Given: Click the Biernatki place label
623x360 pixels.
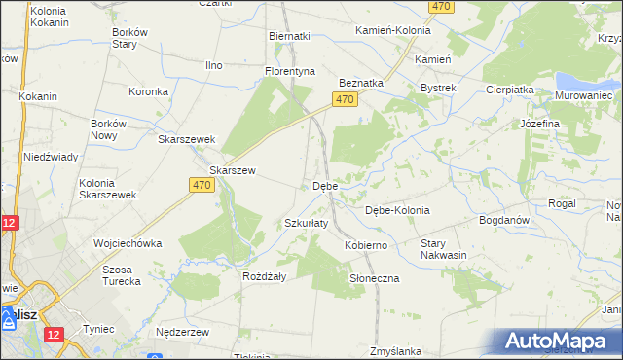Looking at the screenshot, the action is click(x=289, y=36).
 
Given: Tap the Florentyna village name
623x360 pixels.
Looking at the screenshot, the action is click(x=291, y=71).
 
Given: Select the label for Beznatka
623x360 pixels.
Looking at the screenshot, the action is click(x=360, y=83).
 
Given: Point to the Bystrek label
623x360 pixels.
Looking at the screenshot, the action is click(x=438, y=88).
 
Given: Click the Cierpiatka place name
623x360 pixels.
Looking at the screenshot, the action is click(x=510, y=89).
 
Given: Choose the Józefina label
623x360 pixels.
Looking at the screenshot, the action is click(x=539, y=124).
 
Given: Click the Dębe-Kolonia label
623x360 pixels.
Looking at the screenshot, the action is click(x=397, y=210).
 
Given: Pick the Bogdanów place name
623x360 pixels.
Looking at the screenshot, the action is click(x=503, y=220).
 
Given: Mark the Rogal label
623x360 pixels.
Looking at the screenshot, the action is click(x=562, y=203).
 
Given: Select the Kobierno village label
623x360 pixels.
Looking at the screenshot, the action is click(x=366, y=245).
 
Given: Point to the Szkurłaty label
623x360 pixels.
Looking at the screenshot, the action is click(x=306, y=223).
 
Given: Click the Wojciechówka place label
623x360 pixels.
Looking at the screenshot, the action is click(x=127, y=242).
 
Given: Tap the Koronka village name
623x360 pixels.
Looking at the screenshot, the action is click(x=149, y=92).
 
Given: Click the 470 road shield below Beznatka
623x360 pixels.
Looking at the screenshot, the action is click(x=345, y=100).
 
